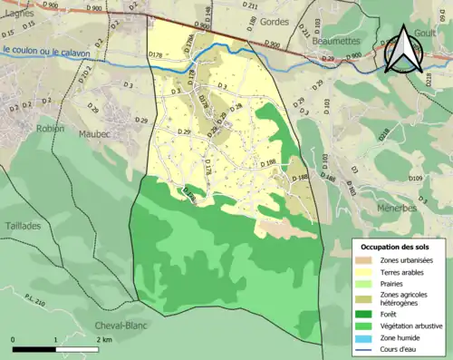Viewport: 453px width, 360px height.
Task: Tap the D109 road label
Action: tap(416, 179)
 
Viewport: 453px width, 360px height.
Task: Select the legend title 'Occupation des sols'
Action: tap(393, 247)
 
